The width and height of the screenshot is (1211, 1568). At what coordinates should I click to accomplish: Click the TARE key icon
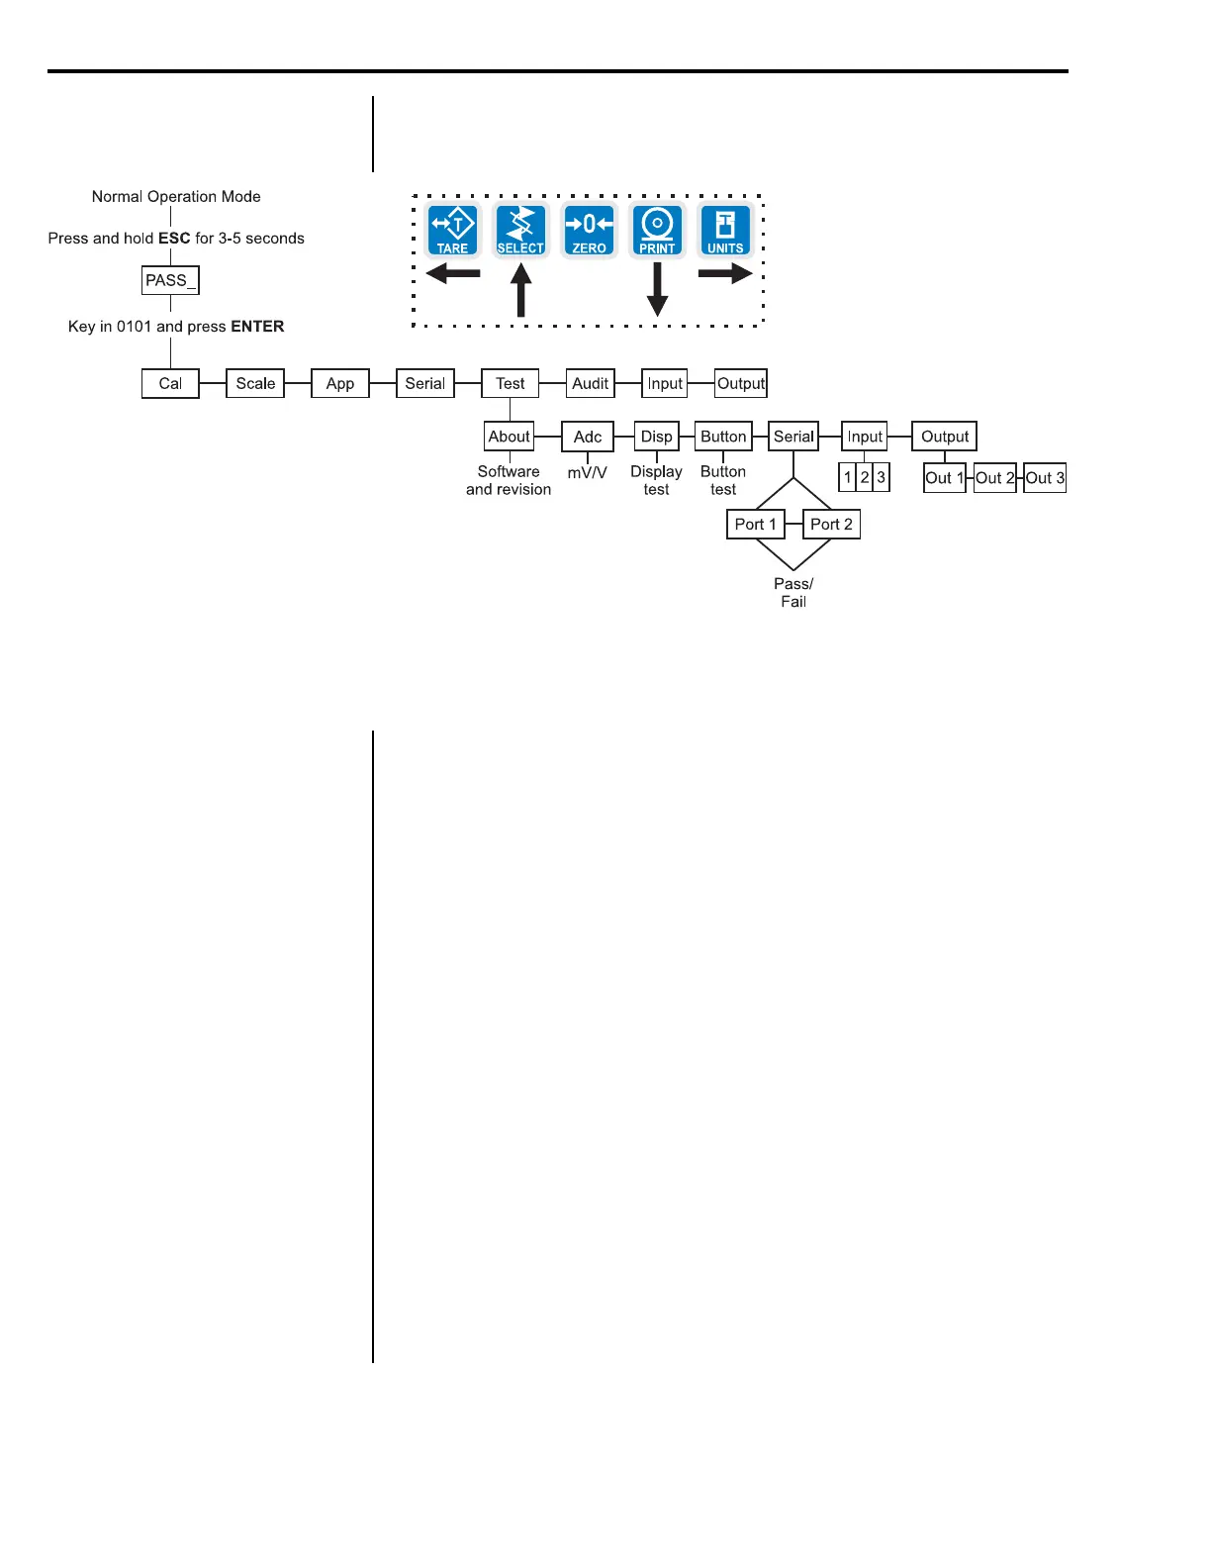(453, 230)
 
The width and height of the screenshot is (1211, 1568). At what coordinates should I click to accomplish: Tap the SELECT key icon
(520, 230)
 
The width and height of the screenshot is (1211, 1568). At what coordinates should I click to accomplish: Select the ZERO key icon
(589, 230)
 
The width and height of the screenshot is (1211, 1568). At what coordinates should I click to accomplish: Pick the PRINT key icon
(657, 230)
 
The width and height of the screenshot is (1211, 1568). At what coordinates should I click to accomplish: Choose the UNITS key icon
(725, 230)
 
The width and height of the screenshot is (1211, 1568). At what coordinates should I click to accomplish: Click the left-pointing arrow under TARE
(453, 274)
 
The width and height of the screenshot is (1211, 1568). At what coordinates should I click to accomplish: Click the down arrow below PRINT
(657, 290)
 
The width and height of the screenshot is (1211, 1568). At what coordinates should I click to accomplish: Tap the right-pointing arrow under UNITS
(725, 274)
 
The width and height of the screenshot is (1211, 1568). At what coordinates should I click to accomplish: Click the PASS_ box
(170, 280)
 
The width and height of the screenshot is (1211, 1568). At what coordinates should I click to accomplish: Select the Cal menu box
(170, 383)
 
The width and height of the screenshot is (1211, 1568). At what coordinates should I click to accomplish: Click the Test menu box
(511, 383)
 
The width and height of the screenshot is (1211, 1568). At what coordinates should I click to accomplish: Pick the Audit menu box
(591, 383)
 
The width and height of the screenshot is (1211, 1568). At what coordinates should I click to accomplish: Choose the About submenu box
(510, 437)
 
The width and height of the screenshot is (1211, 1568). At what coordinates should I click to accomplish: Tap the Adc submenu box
(588, 437)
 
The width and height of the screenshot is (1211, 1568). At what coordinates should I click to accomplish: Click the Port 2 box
(831, 524)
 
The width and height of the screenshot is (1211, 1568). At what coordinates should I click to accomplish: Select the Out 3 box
(1045, 478)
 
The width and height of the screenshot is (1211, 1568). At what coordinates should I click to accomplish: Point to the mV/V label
(587, 473)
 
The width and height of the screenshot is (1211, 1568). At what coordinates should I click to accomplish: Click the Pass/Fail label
(793, 592)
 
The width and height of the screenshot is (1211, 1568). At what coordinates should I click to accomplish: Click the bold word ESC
(174, 239)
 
